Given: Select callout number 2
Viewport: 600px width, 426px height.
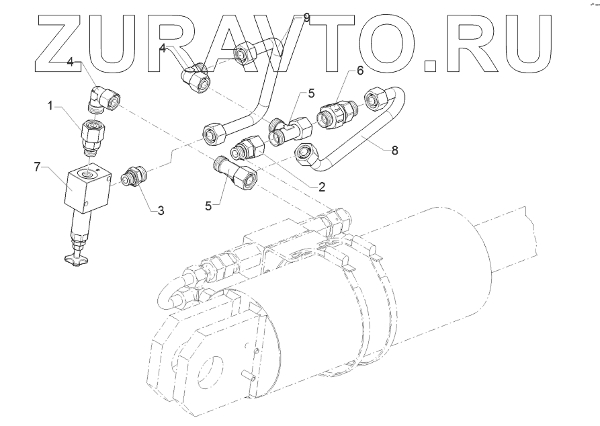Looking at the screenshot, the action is [x=322, y=187].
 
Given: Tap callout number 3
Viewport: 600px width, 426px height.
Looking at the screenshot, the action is [x=160, y=210].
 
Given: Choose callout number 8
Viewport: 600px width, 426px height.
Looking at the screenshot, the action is [x=394, y=151].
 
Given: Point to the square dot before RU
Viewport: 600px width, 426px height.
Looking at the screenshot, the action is [x=433, y=66].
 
